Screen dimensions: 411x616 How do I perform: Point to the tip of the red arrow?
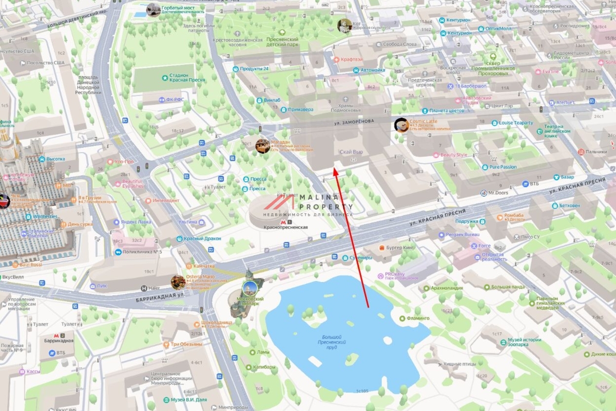click(x=334, y=167)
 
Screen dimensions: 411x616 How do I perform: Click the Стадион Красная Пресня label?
click(x=187, y=77)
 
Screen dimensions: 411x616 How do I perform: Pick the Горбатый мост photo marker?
click(x=153, y=9)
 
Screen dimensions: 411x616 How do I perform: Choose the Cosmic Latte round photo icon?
click(x=401, y=125)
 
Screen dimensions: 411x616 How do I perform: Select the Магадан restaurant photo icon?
click(x=262, y=146)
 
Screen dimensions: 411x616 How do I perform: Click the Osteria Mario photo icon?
click(x=178, y=282)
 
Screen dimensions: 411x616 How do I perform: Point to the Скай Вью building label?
click(x=351, y=152)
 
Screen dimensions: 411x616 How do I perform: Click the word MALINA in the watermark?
click(x=317, y=197)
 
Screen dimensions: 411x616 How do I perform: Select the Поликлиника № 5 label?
click(x=142, y=252)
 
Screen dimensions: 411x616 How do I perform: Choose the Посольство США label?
click(x=46, y=63)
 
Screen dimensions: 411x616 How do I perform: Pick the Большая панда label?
click(x=507, y=287)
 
